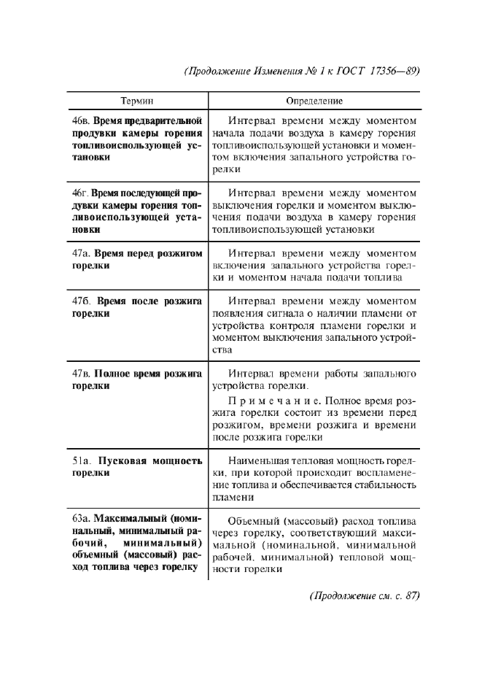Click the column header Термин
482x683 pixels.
[136, 101]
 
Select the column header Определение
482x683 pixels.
[314, 101]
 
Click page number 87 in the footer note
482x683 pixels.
[410, 595]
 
